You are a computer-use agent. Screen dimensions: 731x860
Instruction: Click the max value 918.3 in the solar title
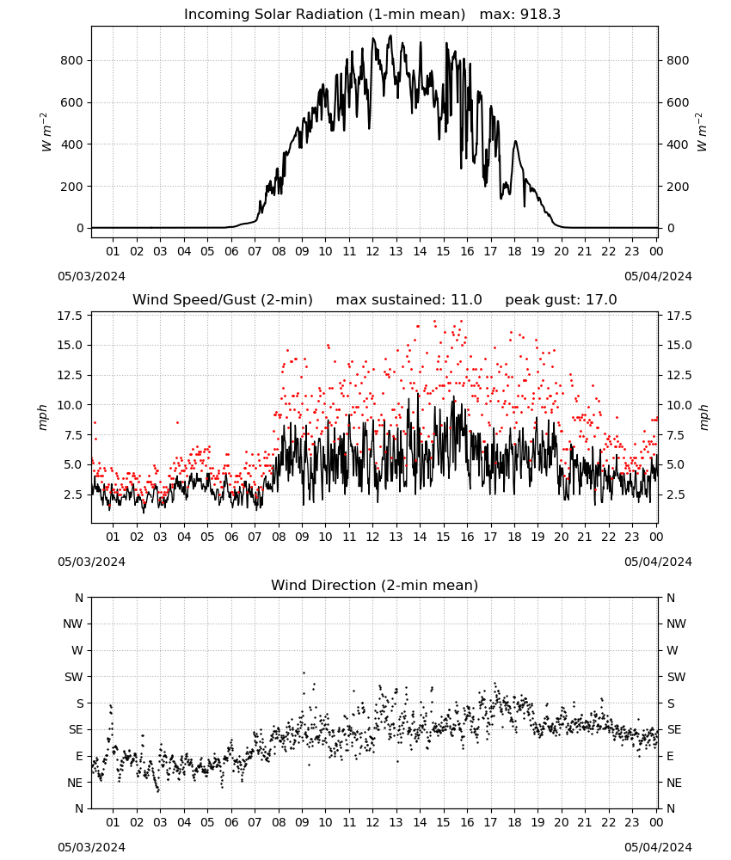coord(540,15)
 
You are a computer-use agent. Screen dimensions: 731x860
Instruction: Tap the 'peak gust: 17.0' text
coord(561,300)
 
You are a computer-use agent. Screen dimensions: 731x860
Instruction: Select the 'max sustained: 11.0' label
coord(408,300)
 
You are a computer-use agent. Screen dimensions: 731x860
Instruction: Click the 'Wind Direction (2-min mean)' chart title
coord(375,585)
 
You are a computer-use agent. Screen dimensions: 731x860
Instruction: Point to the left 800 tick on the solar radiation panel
coord(72,60)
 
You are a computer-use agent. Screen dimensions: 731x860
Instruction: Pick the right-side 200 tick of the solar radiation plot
coord(678,187)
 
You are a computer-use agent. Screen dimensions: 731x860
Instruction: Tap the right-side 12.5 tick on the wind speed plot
coord(679,375)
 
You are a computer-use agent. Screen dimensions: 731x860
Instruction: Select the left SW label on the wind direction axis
coord(74,677)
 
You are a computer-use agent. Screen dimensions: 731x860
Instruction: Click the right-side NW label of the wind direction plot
coord(676,623)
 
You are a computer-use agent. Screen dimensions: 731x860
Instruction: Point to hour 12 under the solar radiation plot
coord(372,251)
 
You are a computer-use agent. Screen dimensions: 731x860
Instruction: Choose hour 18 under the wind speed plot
coord(513,537)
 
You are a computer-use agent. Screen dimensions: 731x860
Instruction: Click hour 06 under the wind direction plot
coord(230,822)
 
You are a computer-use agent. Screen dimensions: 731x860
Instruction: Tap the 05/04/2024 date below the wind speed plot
coord(658,562)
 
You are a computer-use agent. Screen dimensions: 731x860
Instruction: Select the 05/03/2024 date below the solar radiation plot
coord(91,276)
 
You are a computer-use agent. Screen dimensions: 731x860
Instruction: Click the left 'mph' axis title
coord(43,417)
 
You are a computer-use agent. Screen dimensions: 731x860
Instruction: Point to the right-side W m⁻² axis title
coord(703,132)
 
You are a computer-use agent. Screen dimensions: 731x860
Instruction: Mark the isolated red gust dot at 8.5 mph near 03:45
coord(177,422)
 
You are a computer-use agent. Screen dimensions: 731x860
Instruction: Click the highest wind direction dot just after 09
coord(304,673)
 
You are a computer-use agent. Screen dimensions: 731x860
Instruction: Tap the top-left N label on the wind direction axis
coord(79,598)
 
